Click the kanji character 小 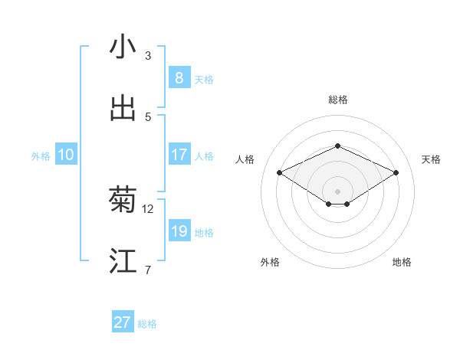123,47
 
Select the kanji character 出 123,109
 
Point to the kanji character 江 123,261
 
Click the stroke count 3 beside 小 148,55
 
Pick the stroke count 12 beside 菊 148,208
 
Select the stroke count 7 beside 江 148,270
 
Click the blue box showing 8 179,78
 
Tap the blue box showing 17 179,155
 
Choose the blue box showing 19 179,231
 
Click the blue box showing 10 66,155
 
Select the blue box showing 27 123,322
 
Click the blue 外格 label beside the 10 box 41,156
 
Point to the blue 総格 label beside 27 147,324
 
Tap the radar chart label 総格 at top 337,100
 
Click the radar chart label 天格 432,159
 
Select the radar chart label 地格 402,262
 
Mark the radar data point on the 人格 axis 280,172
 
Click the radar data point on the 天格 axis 396,172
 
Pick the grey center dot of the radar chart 337,191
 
